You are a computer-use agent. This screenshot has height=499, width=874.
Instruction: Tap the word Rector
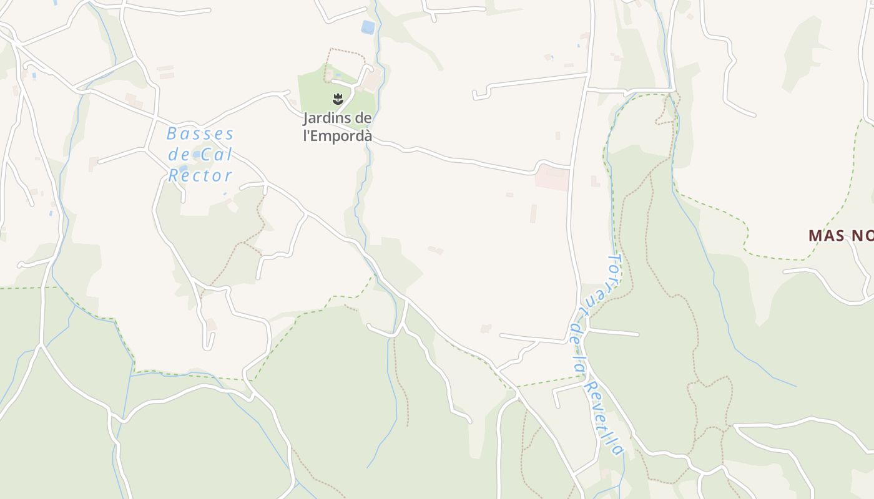tap(200, 176)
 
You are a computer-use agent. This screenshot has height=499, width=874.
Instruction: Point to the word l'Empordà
tap(338, 135)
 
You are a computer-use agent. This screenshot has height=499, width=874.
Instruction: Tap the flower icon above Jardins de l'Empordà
tap(338, 99)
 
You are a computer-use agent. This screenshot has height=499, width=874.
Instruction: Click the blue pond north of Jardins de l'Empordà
tap(368, 27)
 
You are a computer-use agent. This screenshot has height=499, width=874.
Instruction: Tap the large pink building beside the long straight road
tap(552, 178)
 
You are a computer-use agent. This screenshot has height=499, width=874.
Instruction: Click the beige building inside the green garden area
tap(372, 82)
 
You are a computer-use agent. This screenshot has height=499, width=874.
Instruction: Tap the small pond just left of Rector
tap(183, 168)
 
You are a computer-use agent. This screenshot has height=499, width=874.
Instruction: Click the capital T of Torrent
tap(614, 260)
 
